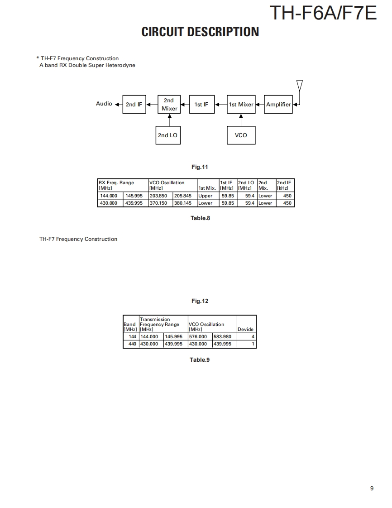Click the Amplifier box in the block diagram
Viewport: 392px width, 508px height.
tap(278, 105)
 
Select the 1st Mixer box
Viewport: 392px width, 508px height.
tap(241, 105)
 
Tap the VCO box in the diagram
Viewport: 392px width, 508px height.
tap(241, 135)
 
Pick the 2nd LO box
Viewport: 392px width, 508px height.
tap(167, 135)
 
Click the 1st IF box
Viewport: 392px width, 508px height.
tap(201, 105)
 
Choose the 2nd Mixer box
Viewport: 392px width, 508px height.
tap(169, 104)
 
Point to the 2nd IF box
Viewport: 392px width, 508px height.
tap(134, 105)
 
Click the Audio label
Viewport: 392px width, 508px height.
tap(104, 104)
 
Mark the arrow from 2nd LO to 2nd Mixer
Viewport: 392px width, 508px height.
tap(169, 120)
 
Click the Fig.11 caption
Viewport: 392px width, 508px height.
tap(200, 167)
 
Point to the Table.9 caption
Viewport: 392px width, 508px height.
tap(200, 360)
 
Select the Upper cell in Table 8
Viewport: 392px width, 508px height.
tap(205, 196)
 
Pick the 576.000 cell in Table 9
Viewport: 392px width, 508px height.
tap(198, 337)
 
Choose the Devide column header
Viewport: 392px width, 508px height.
tap(246, 329)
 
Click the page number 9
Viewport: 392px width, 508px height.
tap(372, 488)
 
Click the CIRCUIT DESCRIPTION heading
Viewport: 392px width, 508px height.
tap(200, 32)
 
